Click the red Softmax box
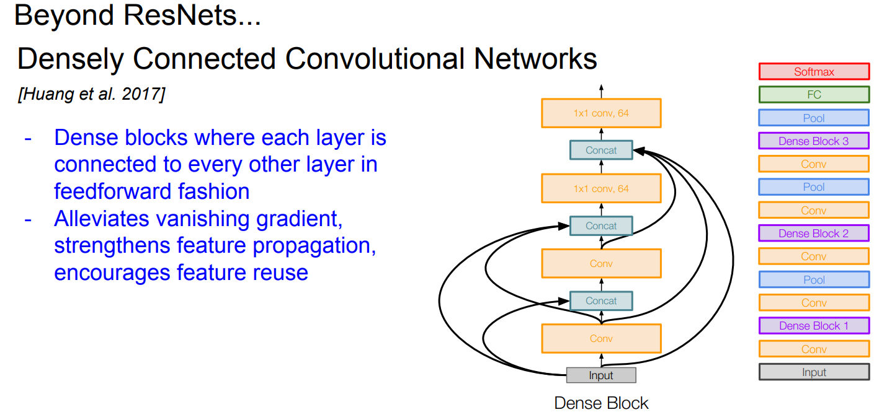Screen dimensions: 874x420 click(814, 72)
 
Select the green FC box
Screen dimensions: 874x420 click(814, 95)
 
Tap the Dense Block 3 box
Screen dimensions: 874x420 click(814, 141)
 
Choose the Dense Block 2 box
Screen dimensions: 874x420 click(814, 234)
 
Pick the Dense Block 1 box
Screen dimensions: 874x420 click(814, 326)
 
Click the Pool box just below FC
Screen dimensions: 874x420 click(814, 118)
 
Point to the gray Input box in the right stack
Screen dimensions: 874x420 click(814, 372)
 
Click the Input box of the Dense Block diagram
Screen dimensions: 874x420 click(601, 375)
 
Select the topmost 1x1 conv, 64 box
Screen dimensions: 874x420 click(601, 113)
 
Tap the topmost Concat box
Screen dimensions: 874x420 click(601, 150)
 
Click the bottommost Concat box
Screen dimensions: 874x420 click(601, 301)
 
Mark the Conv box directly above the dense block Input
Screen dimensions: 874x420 click(601, 339)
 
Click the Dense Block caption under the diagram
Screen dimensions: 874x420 click(601, 403)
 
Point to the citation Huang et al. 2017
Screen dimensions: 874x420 click(92, 94)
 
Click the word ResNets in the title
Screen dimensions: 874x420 click(180, 15)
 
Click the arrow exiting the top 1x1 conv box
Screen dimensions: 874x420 click(601, 91)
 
